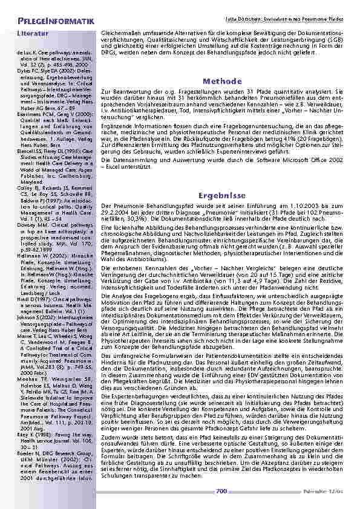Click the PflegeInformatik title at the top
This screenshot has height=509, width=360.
point(56,22)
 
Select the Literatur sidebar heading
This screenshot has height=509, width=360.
point(33,34)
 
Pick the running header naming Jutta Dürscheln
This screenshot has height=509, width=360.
point(290,21)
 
